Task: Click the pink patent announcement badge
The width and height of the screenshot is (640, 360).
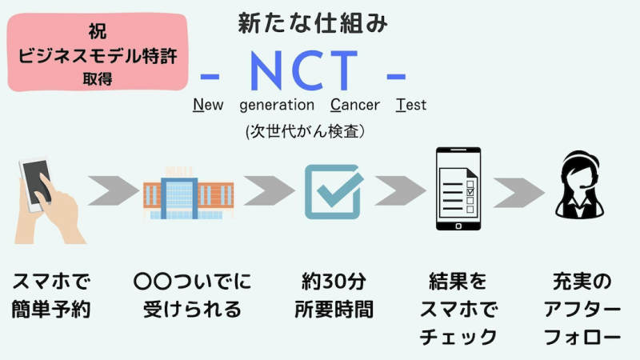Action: tap(98, 52)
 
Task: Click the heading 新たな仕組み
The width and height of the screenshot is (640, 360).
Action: tap(313, 23)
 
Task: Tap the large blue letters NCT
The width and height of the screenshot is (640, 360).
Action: tap(304, 70)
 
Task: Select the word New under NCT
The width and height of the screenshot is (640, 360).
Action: tap(208, 105)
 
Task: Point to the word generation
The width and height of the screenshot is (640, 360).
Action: tap(277, 106)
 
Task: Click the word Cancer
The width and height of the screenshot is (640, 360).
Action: tap(355, 105)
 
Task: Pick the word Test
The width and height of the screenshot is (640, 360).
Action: tap(411, 105)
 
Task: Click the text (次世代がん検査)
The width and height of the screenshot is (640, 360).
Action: tap(305, 131)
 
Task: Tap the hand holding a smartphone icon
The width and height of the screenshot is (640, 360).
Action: tap(50, 201)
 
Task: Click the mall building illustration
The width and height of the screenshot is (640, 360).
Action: tap(188, 193)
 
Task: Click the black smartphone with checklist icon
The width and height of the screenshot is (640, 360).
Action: tap(458, 189)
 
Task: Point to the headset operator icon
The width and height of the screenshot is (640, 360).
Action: tap(579, 185)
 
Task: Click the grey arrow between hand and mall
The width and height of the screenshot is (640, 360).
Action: tap(114, 190)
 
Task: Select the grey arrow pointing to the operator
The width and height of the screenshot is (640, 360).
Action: tap(518, 193)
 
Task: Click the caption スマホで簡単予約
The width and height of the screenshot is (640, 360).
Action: tap(51, 295)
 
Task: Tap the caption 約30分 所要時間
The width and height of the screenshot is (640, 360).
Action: tap(334, 295)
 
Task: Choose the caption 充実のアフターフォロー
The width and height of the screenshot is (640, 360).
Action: tap(582, 309)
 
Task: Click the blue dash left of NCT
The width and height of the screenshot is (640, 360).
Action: tap(210, 76)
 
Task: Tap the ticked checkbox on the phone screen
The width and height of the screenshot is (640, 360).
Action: tap(470, 191)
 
